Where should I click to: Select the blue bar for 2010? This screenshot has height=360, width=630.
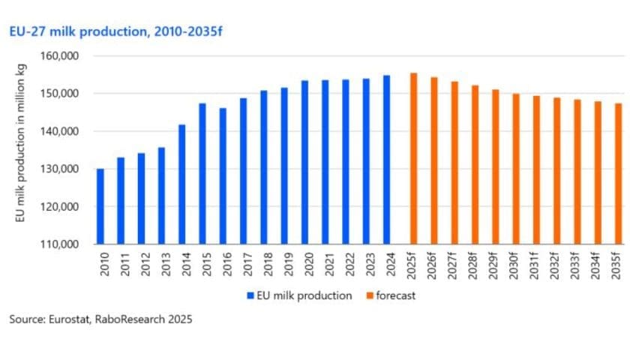tap(100, 206)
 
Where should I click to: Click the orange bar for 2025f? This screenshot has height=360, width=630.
tap(414, 158)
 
